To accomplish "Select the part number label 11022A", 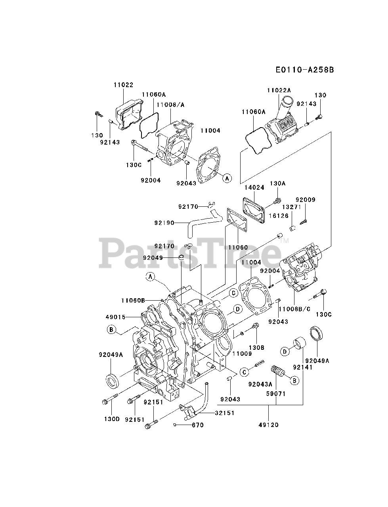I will click(279, 91).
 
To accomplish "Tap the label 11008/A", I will click(170, 105).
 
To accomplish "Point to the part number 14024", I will click(254, 188).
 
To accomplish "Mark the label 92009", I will click(305, 200).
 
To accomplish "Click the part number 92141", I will click(303, 367).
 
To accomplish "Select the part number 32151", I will click(225, 413).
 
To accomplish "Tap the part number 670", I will click(197, 425).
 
